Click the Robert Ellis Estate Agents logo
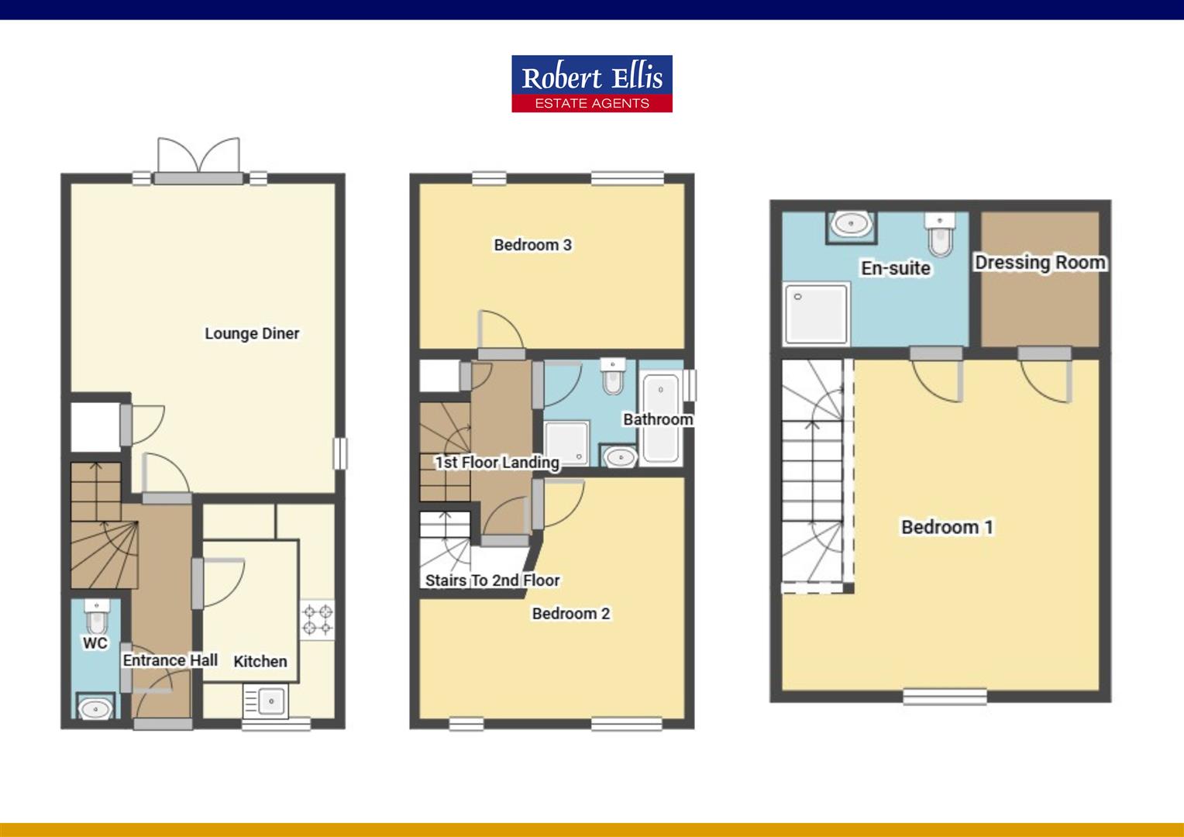click(x=591, y=84)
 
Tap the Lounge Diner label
click(x=252, y=333)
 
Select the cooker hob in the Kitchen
click(x=318, y=619)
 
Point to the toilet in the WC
click(x=97, y=618)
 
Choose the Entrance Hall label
click(x=170, y=660)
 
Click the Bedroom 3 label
click(x=533, y=245)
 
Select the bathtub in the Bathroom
click(x=660, y=418)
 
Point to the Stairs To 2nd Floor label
click(x=492, y=580)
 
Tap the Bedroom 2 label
click(x=571, y=614)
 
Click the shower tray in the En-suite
click(x=816, y=314)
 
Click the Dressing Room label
click(x=1040, y=263)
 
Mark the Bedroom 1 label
click(x=947, y=527)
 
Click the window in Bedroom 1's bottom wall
click(x=945, y=697)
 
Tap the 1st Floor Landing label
click(x=497, y=463)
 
